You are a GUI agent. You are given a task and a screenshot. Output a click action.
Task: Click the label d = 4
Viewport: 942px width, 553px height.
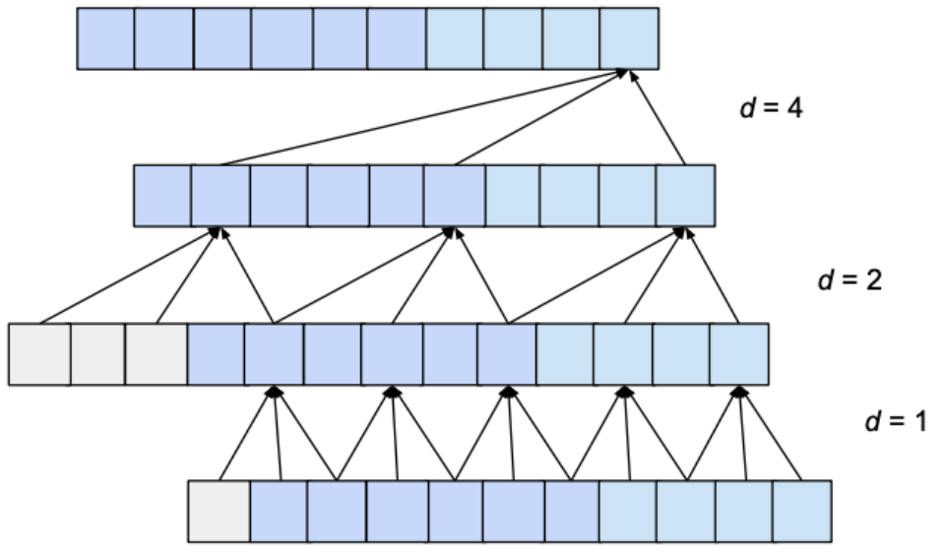pos(771,108)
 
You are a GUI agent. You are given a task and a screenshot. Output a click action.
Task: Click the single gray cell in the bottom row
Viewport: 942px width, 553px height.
pos(219,511)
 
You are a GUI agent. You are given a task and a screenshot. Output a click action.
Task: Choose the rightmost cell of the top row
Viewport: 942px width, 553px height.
pos(629,39)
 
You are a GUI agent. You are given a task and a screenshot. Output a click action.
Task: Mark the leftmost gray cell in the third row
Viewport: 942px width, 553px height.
pos(39,353)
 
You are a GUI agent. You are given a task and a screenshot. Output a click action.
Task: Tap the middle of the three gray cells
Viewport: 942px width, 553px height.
pos(97,353)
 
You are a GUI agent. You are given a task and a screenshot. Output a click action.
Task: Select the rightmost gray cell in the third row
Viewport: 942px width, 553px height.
pos(156,353)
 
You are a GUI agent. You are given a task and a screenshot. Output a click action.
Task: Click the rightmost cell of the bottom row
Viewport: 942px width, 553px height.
pos(801,511)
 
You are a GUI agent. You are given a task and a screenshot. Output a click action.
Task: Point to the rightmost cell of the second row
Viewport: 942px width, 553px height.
pos(685,196)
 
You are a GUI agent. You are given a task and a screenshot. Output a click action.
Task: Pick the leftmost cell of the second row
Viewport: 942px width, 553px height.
pos(161,196)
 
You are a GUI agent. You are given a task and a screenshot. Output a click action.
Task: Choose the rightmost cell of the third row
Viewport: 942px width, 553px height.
pos(738,353)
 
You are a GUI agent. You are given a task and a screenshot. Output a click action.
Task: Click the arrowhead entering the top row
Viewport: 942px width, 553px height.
pos(623,74)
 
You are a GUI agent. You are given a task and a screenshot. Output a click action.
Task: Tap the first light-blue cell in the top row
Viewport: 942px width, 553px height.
pos(455,39)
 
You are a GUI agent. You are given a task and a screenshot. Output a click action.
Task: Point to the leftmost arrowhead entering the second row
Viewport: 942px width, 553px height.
pos(217,232)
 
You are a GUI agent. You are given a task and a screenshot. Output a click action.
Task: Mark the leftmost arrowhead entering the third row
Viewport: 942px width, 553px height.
pos(275,391)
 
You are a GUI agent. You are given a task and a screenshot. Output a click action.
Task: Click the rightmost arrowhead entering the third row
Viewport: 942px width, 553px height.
pos(739,391)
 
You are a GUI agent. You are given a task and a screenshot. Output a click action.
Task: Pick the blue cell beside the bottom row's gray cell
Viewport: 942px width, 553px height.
pos(279,511)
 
